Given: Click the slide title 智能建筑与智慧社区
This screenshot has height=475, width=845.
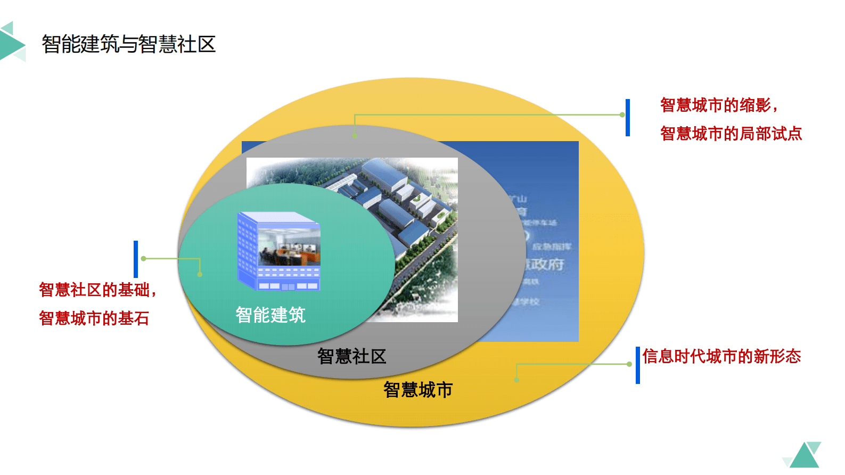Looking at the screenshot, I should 128,44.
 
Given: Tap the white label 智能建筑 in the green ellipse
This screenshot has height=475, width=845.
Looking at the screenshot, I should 270,315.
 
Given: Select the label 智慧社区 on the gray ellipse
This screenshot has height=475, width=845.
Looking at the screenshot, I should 351,356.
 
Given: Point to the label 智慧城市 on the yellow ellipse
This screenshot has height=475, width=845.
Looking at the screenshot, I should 418,390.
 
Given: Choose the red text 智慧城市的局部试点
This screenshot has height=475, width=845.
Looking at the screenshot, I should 731,133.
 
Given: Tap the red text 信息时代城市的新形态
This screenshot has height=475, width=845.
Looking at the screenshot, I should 721,356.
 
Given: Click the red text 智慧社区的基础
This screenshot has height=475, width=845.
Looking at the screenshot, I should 96,290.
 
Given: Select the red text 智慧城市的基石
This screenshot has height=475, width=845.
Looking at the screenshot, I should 94,318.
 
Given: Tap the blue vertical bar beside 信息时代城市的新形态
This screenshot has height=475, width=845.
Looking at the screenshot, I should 637,365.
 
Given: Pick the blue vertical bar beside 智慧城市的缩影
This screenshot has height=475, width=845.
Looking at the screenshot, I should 628,118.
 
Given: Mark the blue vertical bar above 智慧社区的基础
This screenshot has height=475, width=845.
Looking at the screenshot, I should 136,259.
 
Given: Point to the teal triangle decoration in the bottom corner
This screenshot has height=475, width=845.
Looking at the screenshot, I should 805,456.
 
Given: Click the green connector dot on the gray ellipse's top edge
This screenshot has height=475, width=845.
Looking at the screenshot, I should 355,136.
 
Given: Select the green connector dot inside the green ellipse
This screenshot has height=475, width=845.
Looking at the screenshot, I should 200,274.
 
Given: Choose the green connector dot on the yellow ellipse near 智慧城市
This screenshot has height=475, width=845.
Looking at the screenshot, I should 516,380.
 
